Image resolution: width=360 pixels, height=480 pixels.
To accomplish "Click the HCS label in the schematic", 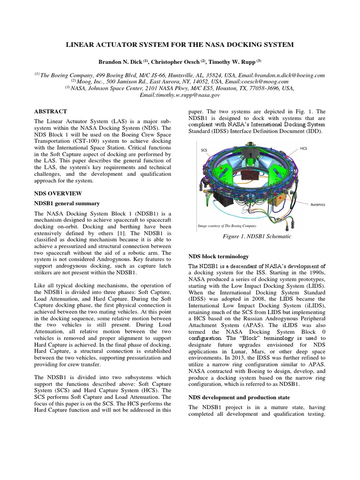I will [304, 148].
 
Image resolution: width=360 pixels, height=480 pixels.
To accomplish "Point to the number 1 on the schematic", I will [251, 155].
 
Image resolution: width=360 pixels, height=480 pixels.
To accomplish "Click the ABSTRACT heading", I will [50, 112].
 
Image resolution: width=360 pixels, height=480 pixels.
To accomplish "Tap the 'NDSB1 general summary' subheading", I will [67, 203].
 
